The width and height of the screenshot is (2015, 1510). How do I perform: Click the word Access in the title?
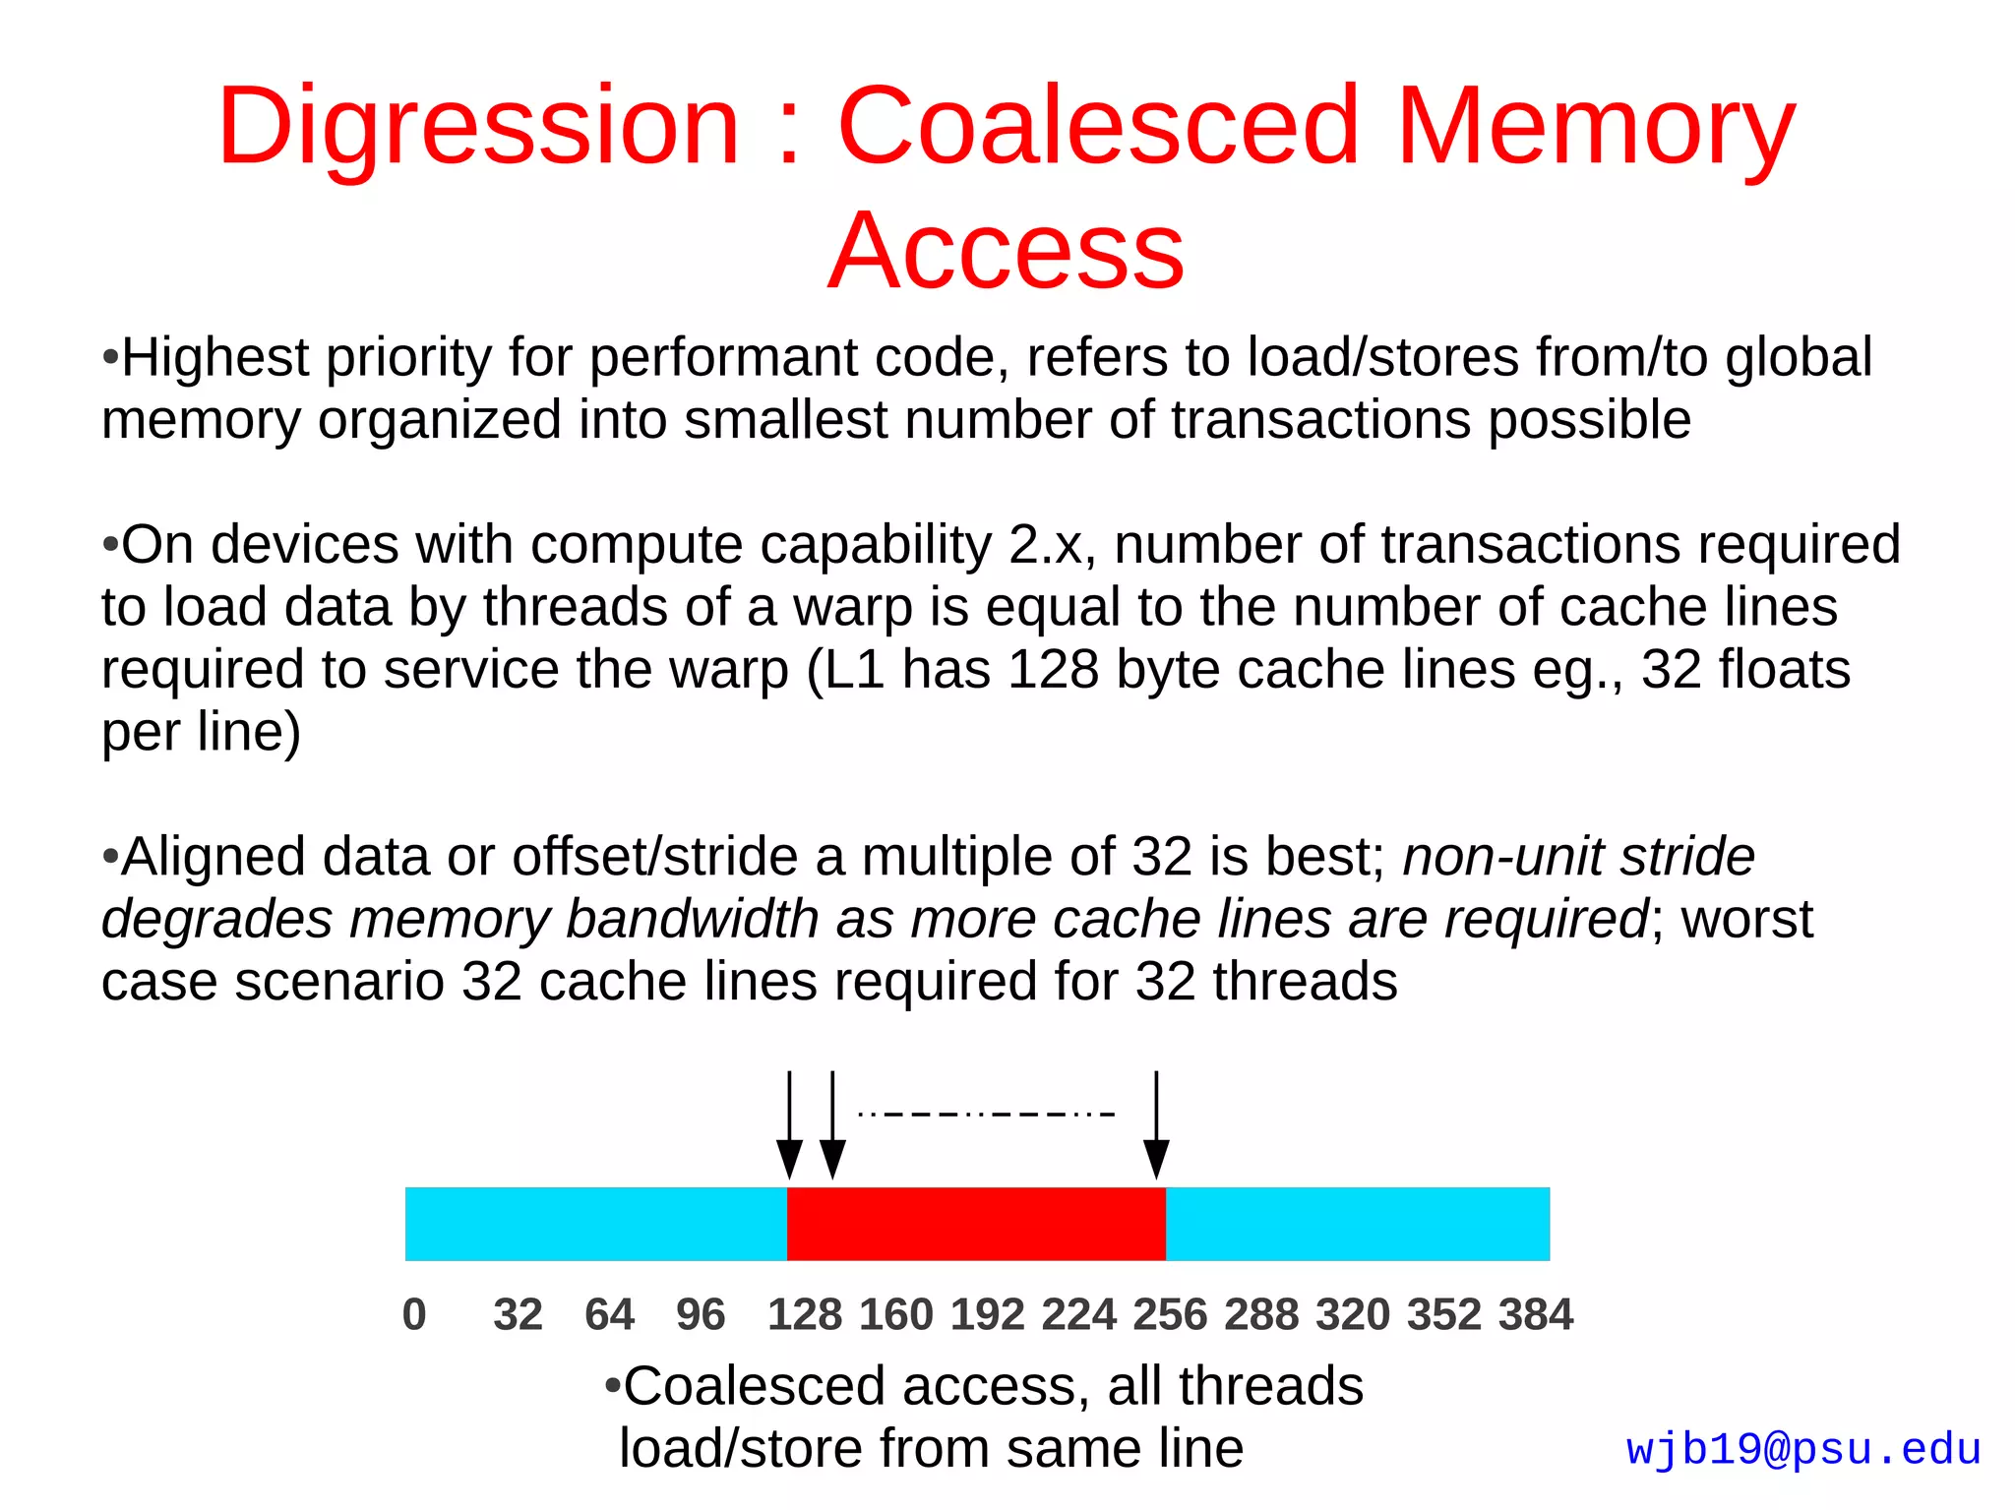point(1006,252)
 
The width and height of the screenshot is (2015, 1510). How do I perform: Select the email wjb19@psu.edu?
point(1802,1450)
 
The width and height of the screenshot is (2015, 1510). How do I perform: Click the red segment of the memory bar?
point(976,1224)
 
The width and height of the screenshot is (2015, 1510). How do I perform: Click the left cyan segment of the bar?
point(595,1224)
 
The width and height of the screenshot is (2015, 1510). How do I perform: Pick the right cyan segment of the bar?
point(1358,1224)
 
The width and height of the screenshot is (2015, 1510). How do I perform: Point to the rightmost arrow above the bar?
point(1156,1126)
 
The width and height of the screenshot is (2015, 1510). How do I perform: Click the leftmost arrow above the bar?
point(789,1126)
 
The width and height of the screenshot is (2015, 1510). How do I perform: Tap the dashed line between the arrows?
point(986,1115)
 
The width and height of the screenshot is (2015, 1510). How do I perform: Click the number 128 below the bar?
point(804,1314)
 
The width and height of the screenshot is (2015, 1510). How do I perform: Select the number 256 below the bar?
point(1170,1314)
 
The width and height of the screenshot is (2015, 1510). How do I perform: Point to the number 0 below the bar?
point(414,1314)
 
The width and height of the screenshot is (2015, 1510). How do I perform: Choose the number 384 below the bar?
point(1535,1314)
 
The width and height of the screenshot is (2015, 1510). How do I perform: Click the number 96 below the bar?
point(700,1314)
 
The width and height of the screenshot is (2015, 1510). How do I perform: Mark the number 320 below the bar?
point(1353,1314)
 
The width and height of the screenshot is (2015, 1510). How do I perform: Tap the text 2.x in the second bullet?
point(1051,545)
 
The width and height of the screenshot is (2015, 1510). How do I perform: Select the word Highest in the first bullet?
point(214,357)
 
